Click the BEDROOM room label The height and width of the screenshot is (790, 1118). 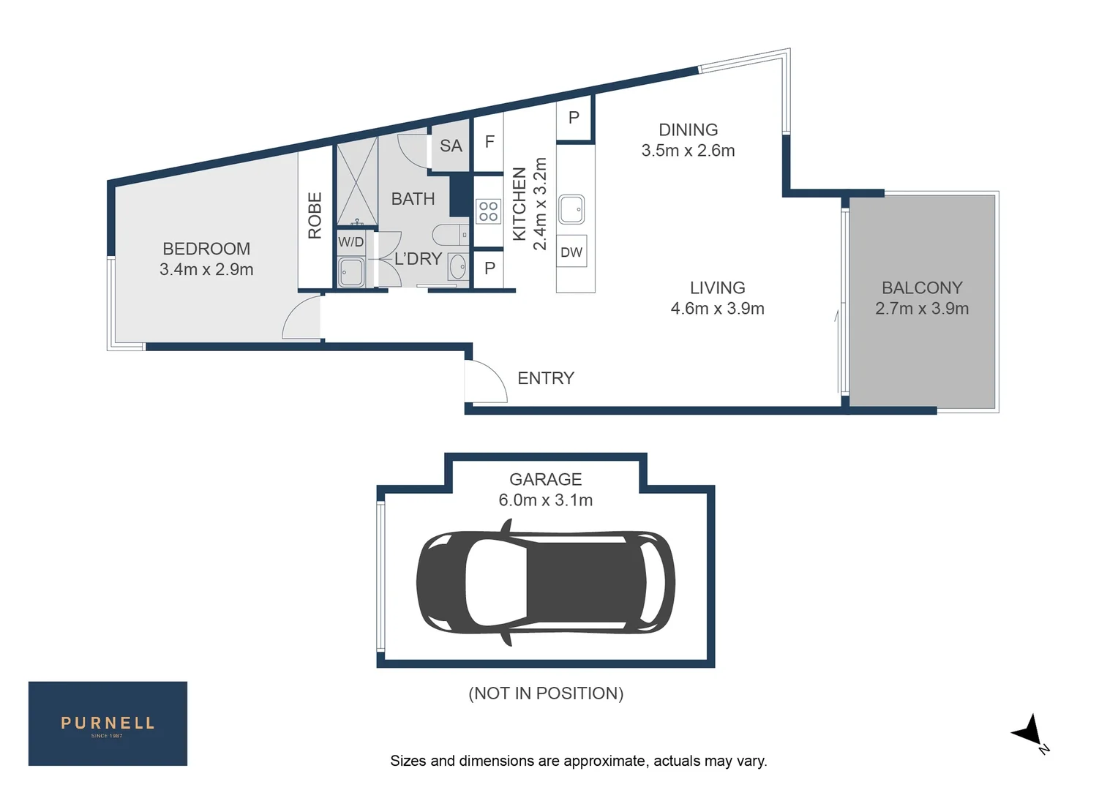[206, 249]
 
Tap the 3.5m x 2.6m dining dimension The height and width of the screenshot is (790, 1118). [688, 151]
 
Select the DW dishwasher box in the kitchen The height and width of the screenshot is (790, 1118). [571, 252]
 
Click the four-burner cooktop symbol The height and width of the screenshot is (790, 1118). [488, 211]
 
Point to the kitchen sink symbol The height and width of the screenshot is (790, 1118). [571, 209]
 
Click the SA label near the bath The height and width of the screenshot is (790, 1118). [451, 146]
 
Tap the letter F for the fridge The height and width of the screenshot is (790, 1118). [489, 142]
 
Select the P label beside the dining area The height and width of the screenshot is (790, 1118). [574, 118]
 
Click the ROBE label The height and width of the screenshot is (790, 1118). [315, 216]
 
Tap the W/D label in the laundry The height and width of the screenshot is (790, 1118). [350, 242]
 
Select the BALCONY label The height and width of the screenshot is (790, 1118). [921, 288]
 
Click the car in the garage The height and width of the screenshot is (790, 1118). [545, 583]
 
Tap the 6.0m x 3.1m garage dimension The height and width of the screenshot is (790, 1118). [545, 500]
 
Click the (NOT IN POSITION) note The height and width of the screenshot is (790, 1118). [546, 693]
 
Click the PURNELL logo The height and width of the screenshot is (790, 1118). [108, 723]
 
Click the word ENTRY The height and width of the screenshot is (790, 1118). [546, 378]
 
